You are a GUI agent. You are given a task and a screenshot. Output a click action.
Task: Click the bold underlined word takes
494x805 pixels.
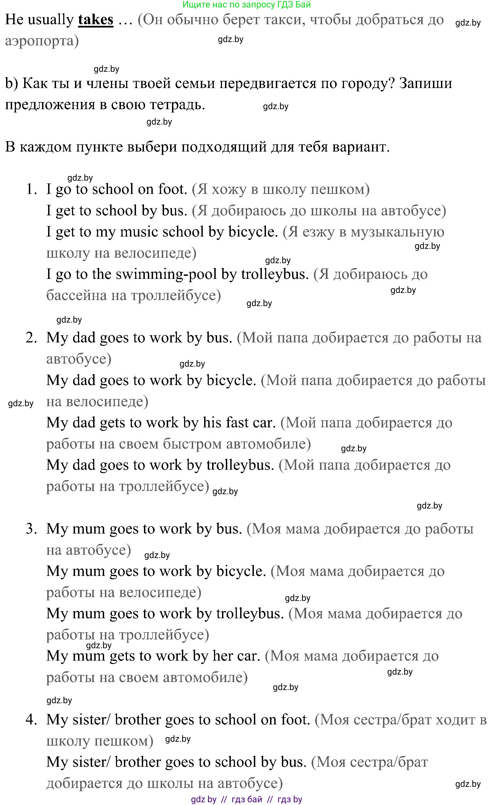[x=95, y=20]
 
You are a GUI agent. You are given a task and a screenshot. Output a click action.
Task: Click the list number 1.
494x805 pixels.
[x=31, y=189]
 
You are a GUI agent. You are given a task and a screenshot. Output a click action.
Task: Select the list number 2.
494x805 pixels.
[x=31, y=338]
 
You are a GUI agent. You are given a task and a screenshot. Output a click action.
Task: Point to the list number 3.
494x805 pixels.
[x=31, y=529]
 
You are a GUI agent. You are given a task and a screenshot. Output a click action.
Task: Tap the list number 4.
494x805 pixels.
[x=31, y=720]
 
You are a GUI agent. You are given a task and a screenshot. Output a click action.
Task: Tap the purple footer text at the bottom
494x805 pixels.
[x=247, y=799]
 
